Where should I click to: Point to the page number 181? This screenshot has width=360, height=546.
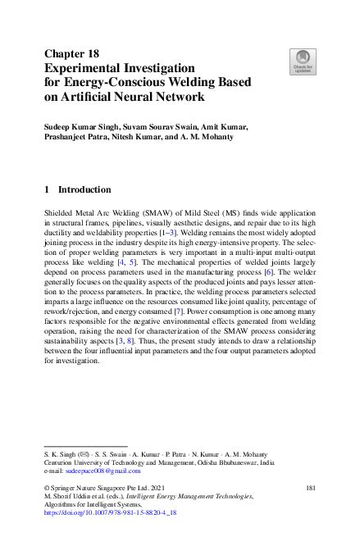tap(310, 488)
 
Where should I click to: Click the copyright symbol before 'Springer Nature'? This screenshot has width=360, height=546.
tap(48, 488)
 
